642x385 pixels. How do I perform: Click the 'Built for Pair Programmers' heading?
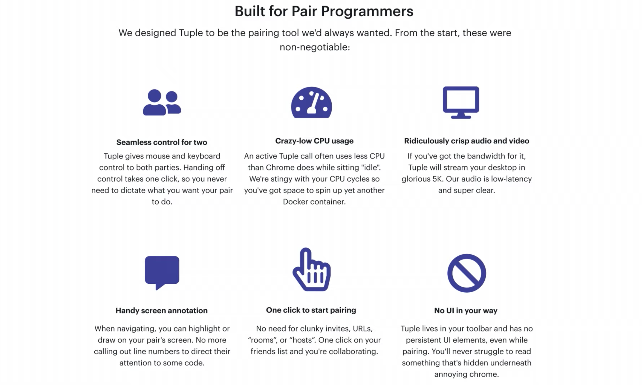[324, 11]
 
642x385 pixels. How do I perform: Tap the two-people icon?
[162, 102]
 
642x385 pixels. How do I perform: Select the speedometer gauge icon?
[311, 102]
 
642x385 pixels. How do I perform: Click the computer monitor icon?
[461, 103]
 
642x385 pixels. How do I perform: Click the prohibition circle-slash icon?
[466, 273]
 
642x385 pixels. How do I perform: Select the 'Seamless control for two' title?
[161, 142]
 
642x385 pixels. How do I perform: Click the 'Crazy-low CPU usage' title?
[314, 141]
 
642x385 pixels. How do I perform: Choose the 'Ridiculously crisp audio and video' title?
[466, 141]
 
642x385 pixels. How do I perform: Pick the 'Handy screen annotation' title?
[161, 311]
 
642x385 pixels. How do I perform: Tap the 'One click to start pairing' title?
[311, 310]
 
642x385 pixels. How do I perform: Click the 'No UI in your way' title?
[466, 311]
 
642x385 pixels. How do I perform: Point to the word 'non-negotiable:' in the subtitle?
[315, 47]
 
